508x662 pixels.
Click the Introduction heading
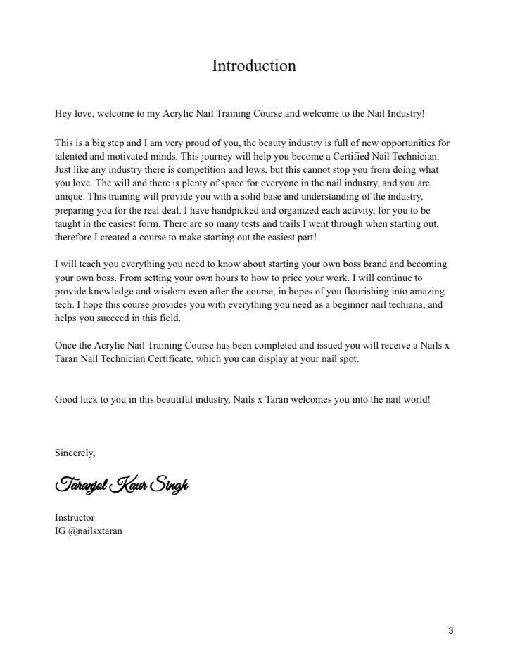pos(254,66)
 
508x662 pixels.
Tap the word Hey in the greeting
pos(63,112)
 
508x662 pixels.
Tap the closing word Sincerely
pos(75,453)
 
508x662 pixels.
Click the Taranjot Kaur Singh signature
pos(121,485)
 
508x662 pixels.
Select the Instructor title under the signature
pos(75,517)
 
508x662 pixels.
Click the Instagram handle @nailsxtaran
pos(96,531)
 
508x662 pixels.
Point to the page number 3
pos(450,630)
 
